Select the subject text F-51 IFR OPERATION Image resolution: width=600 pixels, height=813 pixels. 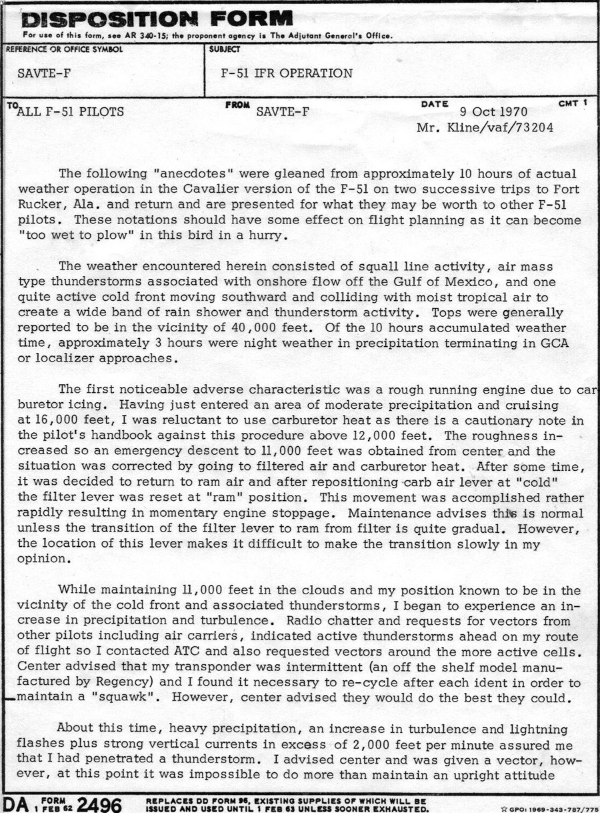coord(287,73)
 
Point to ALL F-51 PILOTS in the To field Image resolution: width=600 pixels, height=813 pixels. coord(69,112)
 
